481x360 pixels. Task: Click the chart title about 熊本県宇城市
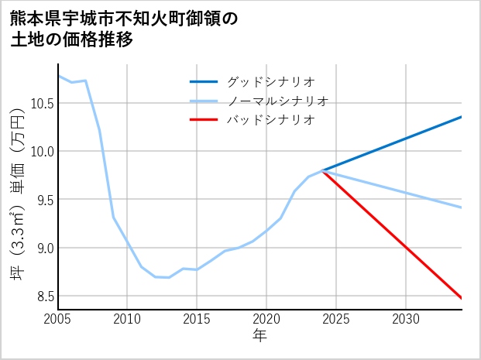click(x=124, y=29)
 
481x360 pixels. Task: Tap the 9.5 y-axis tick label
click(x=43, y=200)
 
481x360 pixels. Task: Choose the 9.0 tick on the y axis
click(x=43, y=249)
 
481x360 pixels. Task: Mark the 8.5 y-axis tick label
click(x=43, y=297)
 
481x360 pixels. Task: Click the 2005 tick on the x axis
click(x=58, y=319)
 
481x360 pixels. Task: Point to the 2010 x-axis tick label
click(x=127, y=319)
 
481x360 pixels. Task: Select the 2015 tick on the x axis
click(x=197, y=319)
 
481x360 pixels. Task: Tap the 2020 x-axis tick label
click(x=266, y=319)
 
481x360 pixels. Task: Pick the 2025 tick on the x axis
click(x=336, y=319)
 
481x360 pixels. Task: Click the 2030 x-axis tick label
click(x=406, y=319)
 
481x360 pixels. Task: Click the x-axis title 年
click(x=259, y=335)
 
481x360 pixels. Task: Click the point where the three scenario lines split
click(x=322, y=170)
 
